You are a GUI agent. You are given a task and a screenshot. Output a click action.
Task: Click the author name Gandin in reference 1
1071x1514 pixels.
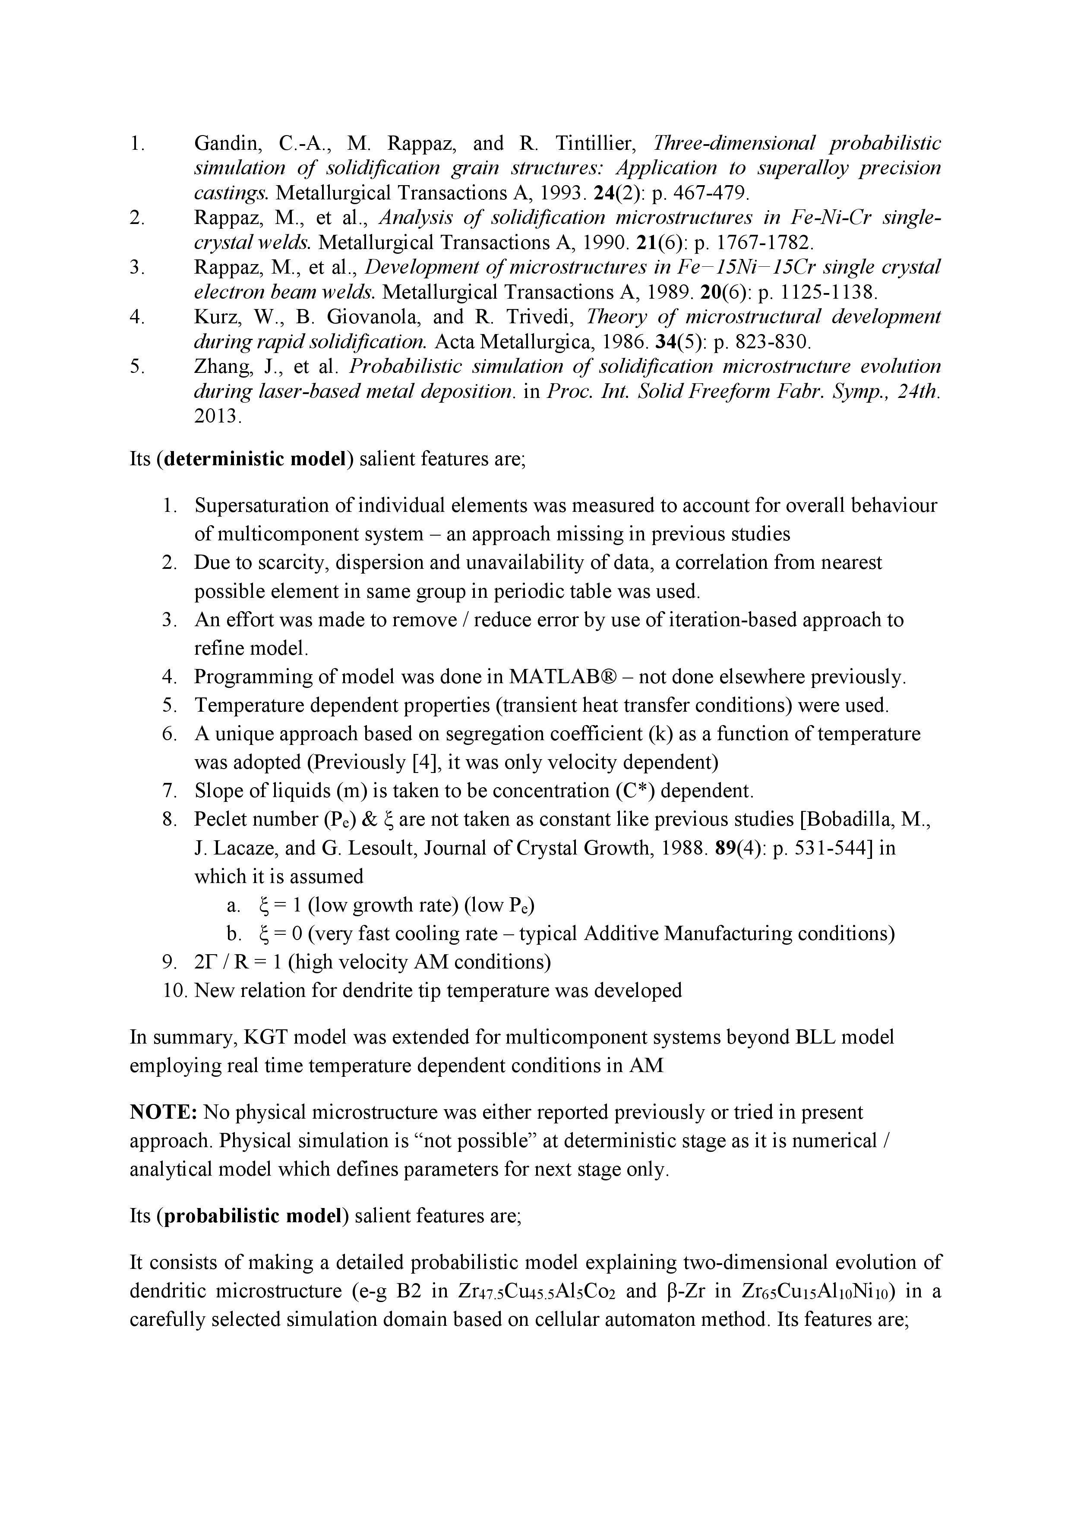(x=225, y=144)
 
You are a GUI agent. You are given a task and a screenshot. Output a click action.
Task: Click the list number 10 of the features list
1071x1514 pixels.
(x=175, y=990)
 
